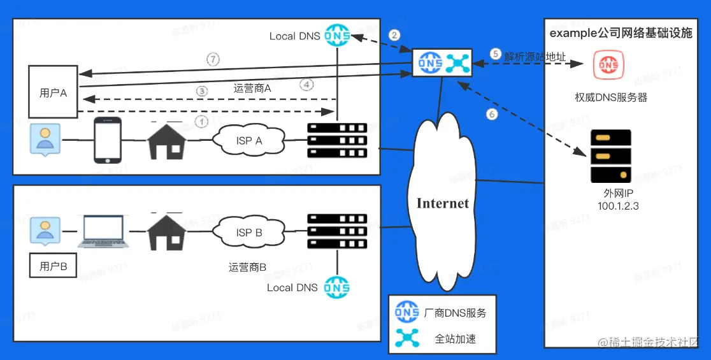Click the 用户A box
point(54,92)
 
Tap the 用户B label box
point(53,266)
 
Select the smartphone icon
point(108,140)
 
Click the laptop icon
point(103,232)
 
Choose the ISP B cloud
point(249,233)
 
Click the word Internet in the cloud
point(443,203)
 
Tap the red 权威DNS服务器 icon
point(608,64)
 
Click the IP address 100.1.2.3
point(618,206)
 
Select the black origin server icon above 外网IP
point(610,156)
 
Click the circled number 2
point(395,35)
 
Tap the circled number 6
point(491,115)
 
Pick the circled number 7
point(213,59)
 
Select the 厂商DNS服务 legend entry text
point(455,313)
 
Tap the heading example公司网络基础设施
point(621,33)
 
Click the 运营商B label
point(247,267)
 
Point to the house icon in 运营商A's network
point(167,141)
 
